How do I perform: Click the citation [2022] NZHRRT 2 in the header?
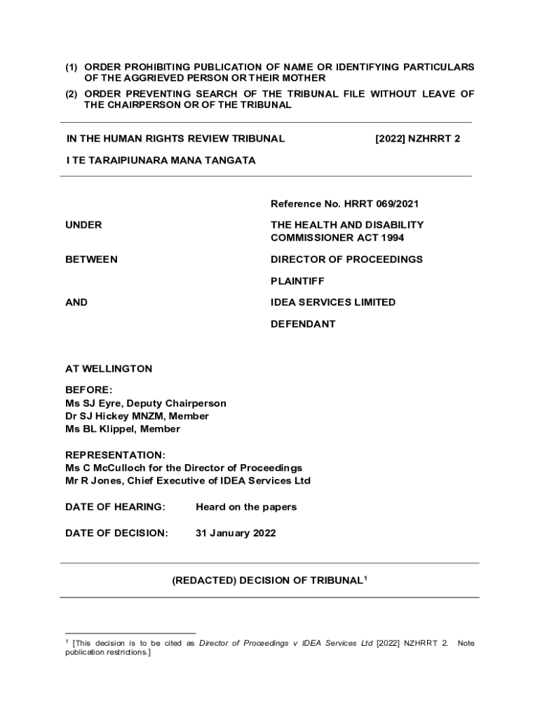coord(418,139)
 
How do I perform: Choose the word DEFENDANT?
coord(303,324)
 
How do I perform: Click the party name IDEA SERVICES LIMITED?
coord(333,302)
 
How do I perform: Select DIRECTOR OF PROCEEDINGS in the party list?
coord(346,259)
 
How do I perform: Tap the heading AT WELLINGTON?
coord(109,369)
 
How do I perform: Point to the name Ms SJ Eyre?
coord(93,403)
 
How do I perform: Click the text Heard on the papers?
coord(246,507)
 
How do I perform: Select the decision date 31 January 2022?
coord(236,533)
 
